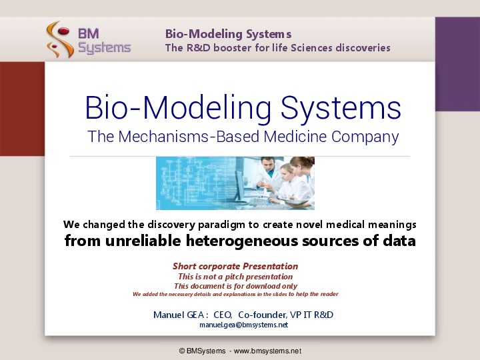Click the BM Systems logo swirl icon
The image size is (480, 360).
[60, 39]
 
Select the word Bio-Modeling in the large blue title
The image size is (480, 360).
[178, 109]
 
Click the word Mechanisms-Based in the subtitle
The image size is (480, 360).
[189, 136]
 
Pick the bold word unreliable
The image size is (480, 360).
[143, 241]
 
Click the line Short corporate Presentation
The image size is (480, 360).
[235, 266]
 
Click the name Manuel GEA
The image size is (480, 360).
[179, 315]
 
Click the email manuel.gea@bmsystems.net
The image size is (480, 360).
[244, 325]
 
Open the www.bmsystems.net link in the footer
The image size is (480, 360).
[267, 351]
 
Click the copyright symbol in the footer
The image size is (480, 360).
[182, 351]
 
